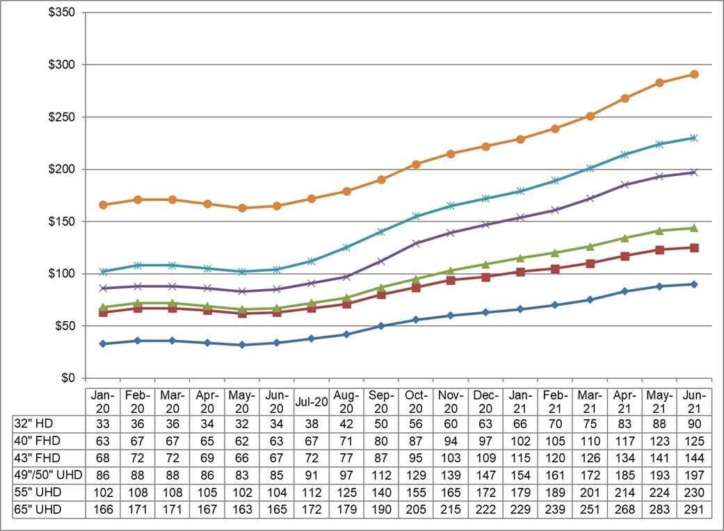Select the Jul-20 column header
[312, 401]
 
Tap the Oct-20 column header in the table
[416, 401]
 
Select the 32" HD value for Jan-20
[103, 423]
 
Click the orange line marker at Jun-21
[694, 74]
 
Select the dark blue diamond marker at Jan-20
[103, 343]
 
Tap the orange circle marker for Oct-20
[416, 165]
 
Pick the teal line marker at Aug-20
[346, 247]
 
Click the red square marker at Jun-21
[694, 247]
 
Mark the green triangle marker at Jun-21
[694, 228]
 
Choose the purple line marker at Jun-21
[694, 172]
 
